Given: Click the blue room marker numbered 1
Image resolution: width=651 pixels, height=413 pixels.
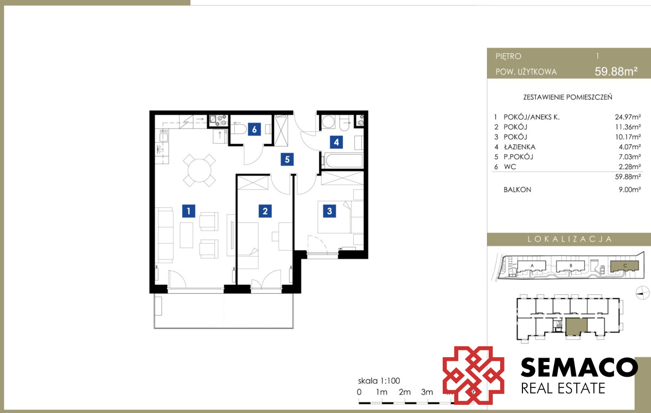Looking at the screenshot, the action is tap(189, 211).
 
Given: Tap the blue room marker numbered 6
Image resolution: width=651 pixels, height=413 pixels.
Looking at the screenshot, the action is tap(254, 129).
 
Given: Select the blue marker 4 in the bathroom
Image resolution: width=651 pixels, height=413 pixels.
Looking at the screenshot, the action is tap(336, 142).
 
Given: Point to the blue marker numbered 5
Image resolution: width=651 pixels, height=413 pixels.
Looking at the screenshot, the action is tap(287, 159).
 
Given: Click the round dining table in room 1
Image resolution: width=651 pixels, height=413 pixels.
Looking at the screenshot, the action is tap(200, 170).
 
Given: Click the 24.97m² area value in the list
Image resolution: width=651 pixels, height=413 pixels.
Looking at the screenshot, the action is tap(628, 117).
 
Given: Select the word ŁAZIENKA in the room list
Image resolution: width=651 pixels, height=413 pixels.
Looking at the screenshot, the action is tap(520, 147).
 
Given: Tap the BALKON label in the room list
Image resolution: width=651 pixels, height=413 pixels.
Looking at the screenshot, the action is tap(518, 189).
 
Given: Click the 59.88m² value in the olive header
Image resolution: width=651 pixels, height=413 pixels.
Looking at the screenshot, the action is tap(616, 71).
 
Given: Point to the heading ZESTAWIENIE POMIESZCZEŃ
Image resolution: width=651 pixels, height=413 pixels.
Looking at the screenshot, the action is tap(567, 97).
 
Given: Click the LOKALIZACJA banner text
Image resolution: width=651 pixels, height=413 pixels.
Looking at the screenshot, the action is tap(570, 239).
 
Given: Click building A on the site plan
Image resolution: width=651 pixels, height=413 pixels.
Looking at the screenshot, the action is tap(532, 266).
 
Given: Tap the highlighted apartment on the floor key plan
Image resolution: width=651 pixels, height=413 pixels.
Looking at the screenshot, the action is tap(576, 327).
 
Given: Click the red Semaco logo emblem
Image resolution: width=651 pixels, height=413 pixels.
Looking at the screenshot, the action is tap(473, 375).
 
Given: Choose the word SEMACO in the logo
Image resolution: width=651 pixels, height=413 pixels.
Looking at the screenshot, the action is tap(579, 367).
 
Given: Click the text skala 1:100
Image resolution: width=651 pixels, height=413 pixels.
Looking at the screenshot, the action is tap(379, 381).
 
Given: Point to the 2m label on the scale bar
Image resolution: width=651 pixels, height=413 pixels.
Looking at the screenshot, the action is tap(405, 392).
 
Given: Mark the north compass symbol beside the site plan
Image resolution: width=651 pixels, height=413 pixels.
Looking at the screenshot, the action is tap(642, 293).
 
